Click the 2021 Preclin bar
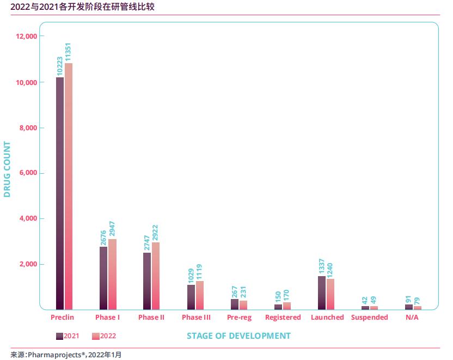coord(60,193)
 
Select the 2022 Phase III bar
coord(199,295)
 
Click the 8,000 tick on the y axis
coord(27,127)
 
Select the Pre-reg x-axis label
coord(239,317)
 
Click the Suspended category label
coord(369,317)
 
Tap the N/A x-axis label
coord(413,317)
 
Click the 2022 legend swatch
coord(96,336)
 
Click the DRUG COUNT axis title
coord(7,169)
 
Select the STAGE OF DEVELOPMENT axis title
coord(238,335)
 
